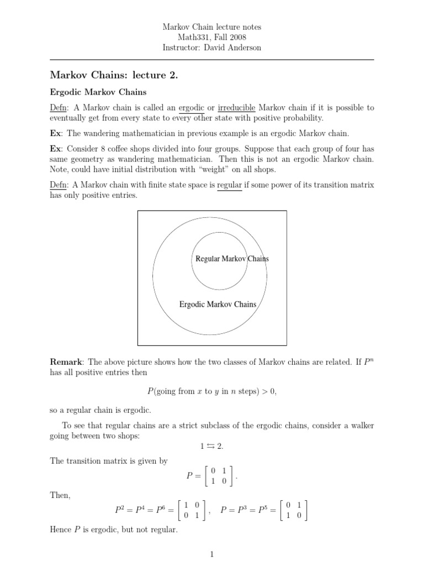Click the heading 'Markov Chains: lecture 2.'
114,75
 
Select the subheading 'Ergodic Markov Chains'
99,92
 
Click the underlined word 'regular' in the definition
230,185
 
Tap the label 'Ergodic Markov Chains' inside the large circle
218,304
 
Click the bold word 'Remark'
66,362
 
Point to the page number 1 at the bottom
212,554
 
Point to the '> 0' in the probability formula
266,391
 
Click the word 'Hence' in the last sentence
61,530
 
